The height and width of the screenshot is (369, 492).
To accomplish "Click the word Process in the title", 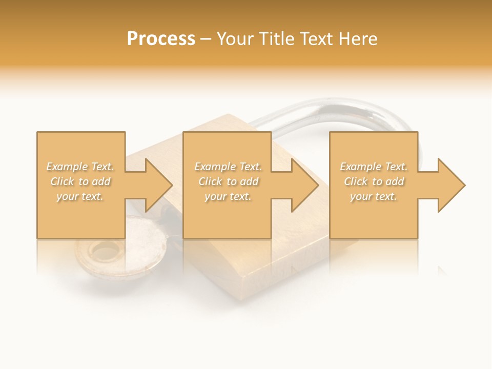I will [x=161, y=39].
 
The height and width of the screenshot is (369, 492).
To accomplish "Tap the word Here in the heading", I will [x=358, y=39].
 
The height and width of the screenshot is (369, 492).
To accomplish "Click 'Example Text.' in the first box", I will [x=80, y=167].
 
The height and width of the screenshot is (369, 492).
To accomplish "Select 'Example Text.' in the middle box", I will [x=228, y=167].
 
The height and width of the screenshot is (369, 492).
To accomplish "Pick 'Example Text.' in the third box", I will [x=374, y=167].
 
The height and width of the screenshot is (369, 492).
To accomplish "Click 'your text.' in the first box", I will [x=80, y=196].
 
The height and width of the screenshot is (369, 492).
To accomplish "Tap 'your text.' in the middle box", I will [x=228, y=196].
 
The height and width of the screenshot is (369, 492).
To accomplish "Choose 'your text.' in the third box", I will [x=374, y=196].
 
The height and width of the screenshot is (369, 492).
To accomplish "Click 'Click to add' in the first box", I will [x=80, y=181].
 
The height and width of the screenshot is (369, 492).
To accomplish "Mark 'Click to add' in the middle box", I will [x=228, y=181].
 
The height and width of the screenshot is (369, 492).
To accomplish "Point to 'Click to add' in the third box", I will [x=374, y=181].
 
